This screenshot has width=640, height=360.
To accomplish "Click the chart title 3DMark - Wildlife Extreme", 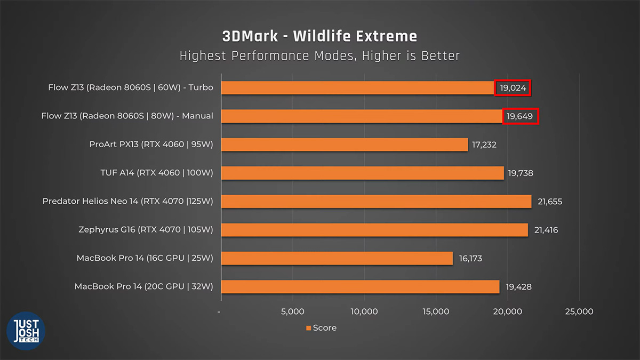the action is click(x=319, y=36).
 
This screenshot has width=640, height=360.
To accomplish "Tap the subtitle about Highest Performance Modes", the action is click(x=319, y=55).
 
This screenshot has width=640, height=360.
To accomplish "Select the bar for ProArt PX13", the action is click(x=345, y=145).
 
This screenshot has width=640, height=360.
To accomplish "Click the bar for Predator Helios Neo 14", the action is click(x=377, y=202).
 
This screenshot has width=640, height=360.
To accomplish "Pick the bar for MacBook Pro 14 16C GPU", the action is click(x=337, y=258).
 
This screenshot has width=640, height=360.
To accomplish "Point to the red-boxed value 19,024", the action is click(x=513, y=87).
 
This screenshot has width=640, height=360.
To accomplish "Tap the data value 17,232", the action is click(x=484, y=145).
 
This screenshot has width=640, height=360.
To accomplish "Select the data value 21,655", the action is click(x=550, y=202).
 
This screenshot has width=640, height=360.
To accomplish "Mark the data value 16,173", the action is click(x=470, y=258).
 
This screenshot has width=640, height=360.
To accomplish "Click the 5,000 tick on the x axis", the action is click(x=293, y=311).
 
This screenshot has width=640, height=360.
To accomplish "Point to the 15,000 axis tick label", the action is click(x=436, y=311).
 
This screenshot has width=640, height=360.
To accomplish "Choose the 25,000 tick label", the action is click(x=579, y=311).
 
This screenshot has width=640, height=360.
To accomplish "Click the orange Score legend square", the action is click(x=308, y=328).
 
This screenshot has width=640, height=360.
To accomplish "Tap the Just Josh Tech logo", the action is click(x=26, y=331).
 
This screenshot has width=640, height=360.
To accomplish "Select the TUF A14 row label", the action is click(x=157, y=173).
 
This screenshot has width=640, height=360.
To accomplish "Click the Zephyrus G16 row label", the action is click(x=146, y=230).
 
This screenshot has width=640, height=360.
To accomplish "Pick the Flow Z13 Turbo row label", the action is click(x=131, y=87).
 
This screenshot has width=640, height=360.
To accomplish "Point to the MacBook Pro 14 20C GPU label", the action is click(x=143, y=286).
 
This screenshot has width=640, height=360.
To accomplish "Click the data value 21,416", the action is click(x=546, y=230).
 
